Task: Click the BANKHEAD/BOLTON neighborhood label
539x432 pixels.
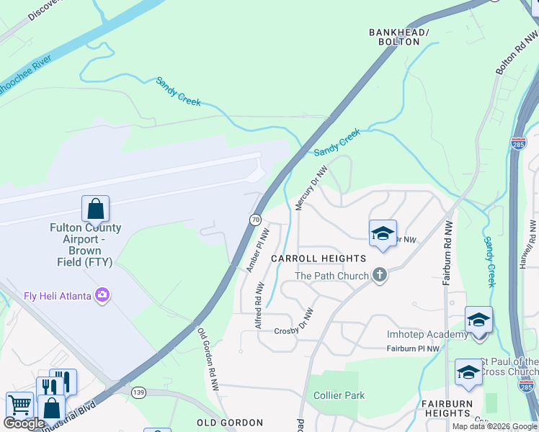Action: point(398,37)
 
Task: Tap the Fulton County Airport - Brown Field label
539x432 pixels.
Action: point(86,246)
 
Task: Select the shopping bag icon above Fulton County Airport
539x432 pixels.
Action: point(95,210)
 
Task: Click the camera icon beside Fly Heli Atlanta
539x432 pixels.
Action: point(103,295)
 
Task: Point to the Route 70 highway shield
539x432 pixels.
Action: point(255,220)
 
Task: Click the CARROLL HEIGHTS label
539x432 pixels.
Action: point(318,258)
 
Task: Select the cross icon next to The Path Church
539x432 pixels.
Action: point(380,275)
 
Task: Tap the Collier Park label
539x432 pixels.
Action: point(339,395)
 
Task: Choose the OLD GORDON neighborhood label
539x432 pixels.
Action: point(230,422)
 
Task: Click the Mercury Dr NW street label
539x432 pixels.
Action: point(312,188)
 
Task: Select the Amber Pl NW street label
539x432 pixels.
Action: point(258,251)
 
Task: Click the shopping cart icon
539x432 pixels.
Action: point(19,405)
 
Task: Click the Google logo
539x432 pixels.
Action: point(24,423)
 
